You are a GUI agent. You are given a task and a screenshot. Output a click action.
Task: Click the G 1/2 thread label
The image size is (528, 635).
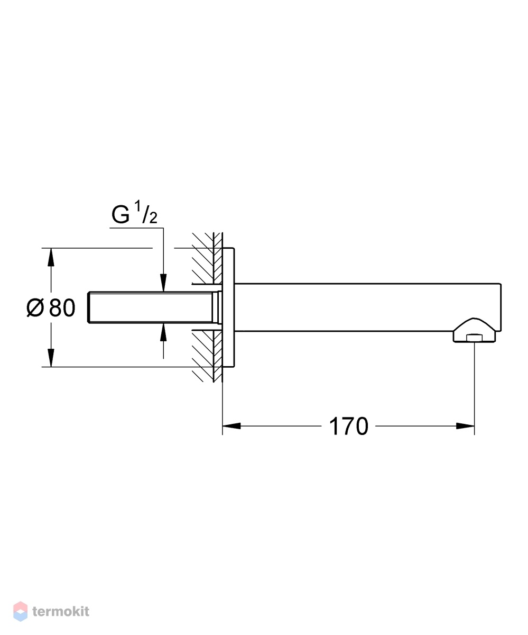(134, 213)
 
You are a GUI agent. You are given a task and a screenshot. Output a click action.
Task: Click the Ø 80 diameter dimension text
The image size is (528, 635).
(51, 307)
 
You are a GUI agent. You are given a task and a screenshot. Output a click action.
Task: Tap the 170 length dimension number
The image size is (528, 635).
(348, 427)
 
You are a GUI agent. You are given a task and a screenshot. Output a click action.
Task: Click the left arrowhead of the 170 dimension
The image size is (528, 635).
(231, 426)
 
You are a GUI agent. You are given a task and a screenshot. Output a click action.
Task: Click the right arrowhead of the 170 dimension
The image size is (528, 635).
(465, 426)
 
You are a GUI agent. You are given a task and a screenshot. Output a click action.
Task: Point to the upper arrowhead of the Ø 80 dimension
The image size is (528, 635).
(51, 257)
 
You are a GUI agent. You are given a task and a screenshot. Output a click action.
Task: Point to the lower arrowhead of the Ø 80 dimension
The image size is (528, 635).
(51, 358)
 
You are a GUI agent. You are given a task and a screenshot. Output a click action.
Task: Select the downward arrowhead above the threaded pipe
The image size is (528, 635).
(163, 283)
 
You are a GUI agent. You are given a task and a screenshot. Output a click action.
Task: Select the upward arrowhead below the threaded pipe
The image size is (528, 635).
(163, 333)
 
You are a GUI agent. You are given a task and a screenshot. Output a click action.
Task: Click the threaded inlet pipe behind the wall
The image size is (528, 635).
(153, 307)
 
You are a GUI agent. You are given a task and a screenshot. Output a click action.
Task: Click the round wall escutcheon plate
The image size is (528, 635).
(228, 307)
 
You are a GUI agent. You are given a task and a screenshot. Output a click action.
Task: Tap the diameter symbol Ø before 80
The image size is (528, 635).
(35, 307)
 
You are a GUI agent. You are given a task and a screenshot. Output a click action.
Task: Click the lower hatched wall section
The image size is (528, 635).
(207, 356)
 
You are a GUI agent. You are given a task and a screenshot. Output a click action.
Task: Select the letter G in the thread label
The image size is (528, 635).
(121, 215)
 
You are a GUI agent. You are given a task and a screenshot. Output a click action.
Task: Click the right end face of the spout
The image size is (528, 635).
(501, 307)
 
